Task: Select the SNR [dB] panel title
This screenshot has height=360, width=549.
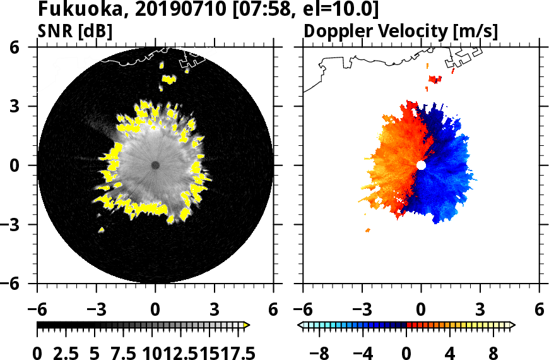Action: click(x=75, y=31)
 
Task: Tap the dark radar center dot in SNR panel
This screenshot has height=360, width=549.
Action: click(x=155, y=165)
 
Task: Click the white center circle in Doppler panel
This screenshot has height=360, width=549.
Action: click(x=421, y=165)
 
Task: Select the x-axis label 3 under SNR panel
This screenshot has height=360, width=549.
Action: click(x=214, y=310)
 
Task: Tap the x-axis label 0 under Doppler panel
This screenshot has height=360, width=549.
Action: click(x=421, y=310)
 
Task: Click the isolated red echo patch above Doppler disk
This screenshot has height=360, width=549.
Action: click(x=435, y=79)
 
